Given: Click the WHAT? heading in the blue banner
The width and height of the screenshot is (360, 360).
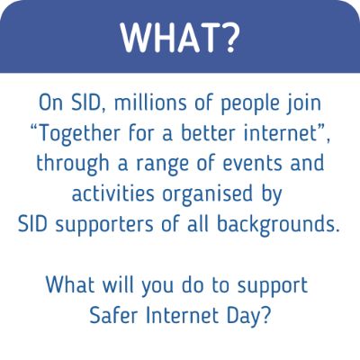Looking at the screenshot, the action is tap(180, 37).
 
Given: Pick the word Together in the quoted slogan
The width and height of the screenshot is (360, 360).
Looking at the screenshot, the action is tap(76, 134).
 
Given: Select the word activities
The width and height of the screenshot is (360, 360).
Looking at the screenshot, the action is tap(112, 193).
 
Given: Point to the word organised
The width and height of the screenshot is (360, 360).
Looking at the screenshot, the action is tap(207, 195).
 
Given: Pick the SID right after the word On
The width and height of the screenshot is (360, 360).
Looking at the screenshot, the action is tap(89, 103).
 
